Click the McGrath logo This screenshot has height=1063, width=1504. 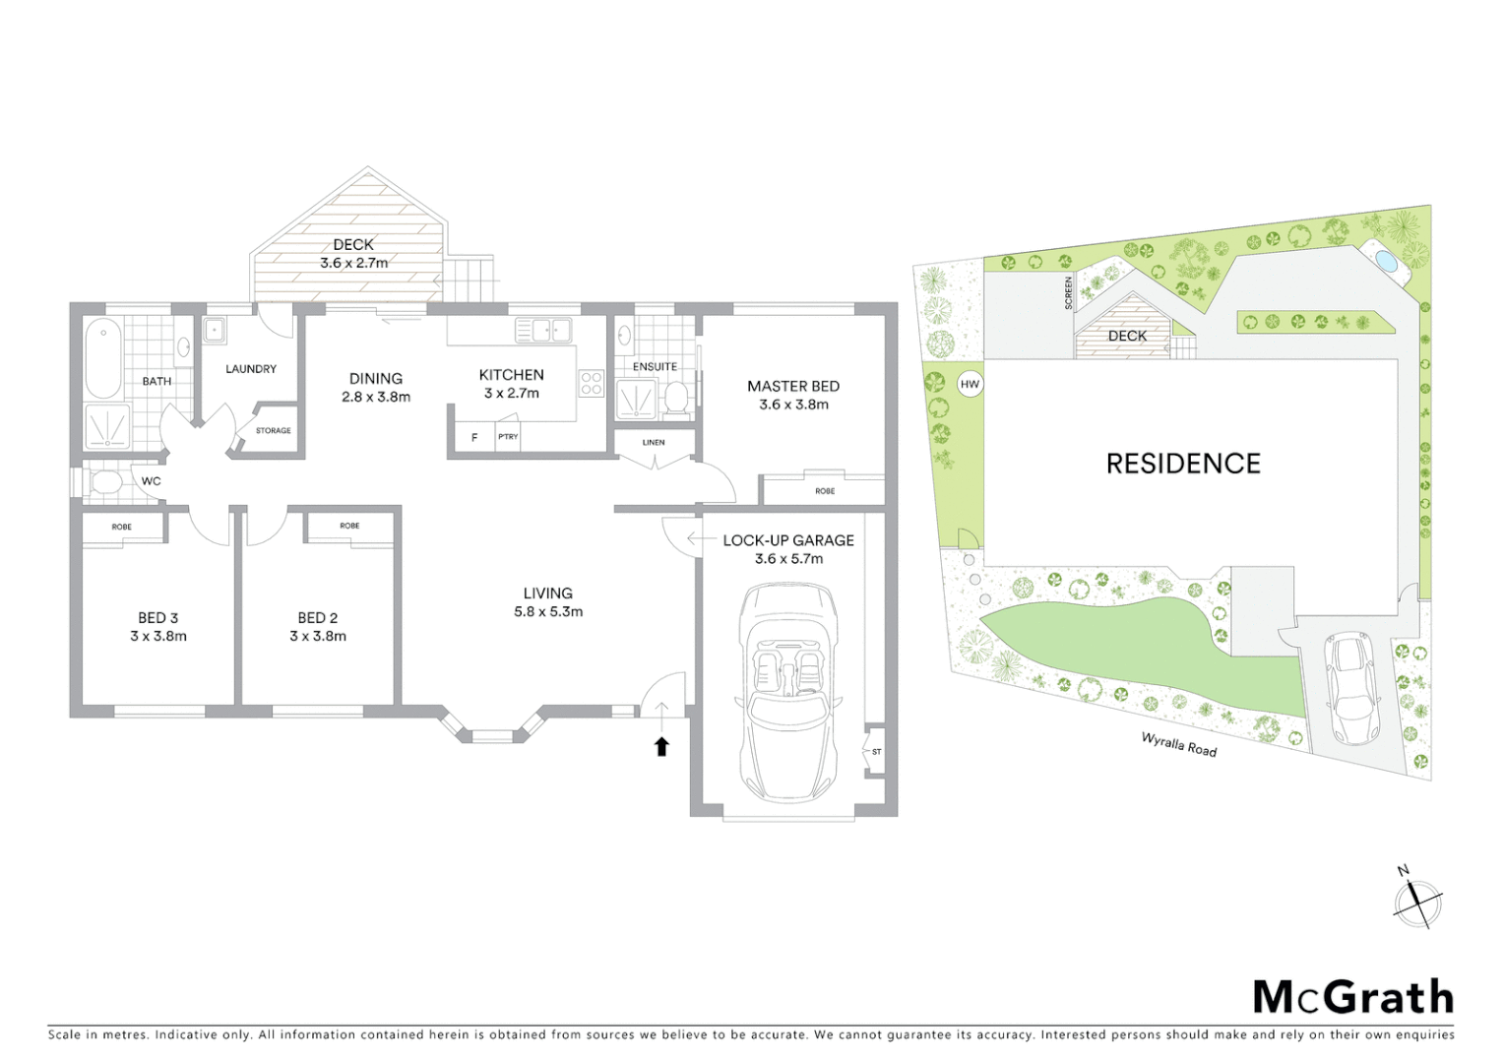tap(1352, 997)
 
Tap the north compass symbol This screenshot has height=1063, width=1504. tap(1417, 901)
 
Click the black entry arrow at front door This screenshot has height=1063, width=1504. tap(661, 746)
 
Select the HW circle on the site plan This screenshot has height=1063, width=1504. tap(970, 384)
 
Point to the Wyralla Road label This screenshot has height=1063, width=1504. tap(1178, 744)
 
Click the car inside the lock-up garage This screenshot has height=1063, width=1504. tap(787, 693)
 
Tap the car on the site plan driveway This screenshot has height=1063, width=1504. tap(1351, 688)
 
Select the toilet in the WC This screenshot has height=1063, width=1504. tap(103, 482)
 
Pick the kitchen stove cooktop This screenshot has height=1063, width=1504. tap(591, 383)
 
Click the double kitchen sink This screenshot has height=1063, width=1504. tap(543, 330)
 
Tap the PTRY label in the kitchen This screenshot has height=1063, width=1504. tap(508, 437)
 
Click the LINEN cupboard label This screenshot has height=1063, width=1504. tap(654, 443)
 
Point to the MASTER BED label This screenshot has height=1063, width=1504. tap(792, 386)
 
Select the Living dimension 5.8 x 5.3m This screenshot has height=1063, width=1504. tap(548, 611)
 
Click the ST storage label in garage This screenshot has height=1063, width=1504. tap(876, 752)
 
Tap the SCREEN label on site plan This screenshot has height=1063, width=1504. tap(1068, 292)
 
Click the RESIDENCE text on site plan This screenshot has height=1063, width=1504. tap(1183, 464)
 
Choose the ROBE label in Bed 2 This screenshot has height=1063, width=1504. tap(349, 526)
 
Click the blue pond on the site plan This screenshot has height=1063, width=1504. tap(1385, 262)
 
